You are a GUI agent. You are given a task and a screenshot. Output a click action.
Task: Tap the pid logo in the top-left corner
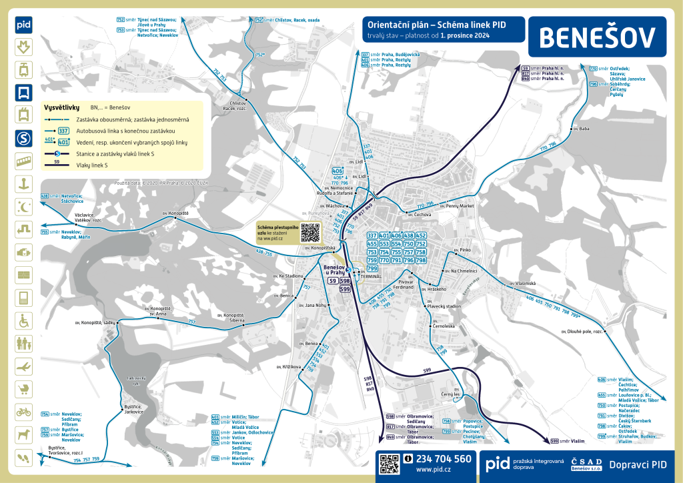pos(23,25)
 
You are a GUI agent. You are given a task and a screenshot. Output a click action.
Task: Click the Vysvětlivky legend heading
pos(61,107)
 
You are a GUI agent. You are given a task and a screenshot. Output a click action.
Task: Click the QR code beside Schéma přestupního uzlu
pos(310,232)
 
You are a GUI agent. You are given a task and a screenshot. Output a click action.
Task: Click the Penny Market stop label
pos(460,206)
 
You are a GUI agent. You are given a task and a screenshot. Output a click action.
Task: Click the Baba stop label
pos(584,128)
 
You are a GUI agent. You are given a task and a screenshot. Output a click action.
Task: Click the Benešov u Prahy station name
pos(333,270)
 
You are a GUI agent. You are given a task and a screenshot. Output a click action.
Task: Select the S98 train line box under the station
pos(345,282)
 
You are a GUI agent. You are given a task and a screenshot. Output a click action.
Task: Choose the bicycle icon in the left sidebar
pos(23,412)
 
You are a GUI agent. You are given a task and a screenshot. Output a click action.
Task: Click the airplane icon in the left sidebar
pos(23,366)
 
